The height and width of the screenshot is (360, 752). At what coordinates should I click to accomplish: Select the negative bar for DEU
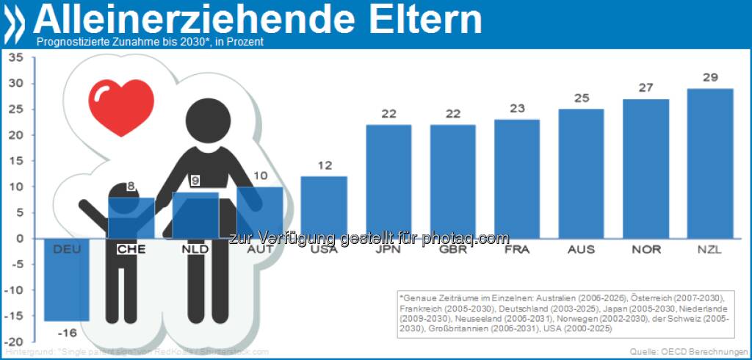(66, 279)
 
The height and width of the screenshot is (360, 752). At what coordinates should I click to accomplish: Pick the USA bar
(324, 207)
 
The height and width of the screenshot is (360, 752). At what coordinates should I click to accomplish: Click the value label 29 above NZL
(709, 78)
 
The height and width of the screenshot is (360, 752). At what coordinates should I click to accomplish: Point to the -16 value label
(67, 331)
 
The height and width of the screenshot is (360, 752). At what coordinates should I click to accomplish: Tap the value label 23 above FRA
(517, 109)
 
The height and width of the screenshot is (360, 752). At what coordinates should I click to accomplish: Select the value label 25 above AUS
(581, 99)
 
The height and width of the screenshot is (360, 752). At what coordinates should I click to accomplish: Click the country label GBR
(452, 249)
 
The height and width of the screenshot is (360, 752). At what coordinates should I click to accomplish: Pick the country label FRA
(517, 249)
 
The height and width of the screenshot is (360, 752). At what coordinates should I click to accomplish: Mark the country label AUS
(581, 249)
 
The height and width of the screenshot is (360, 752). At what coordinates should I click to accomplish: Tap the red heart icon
(121, 107)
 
